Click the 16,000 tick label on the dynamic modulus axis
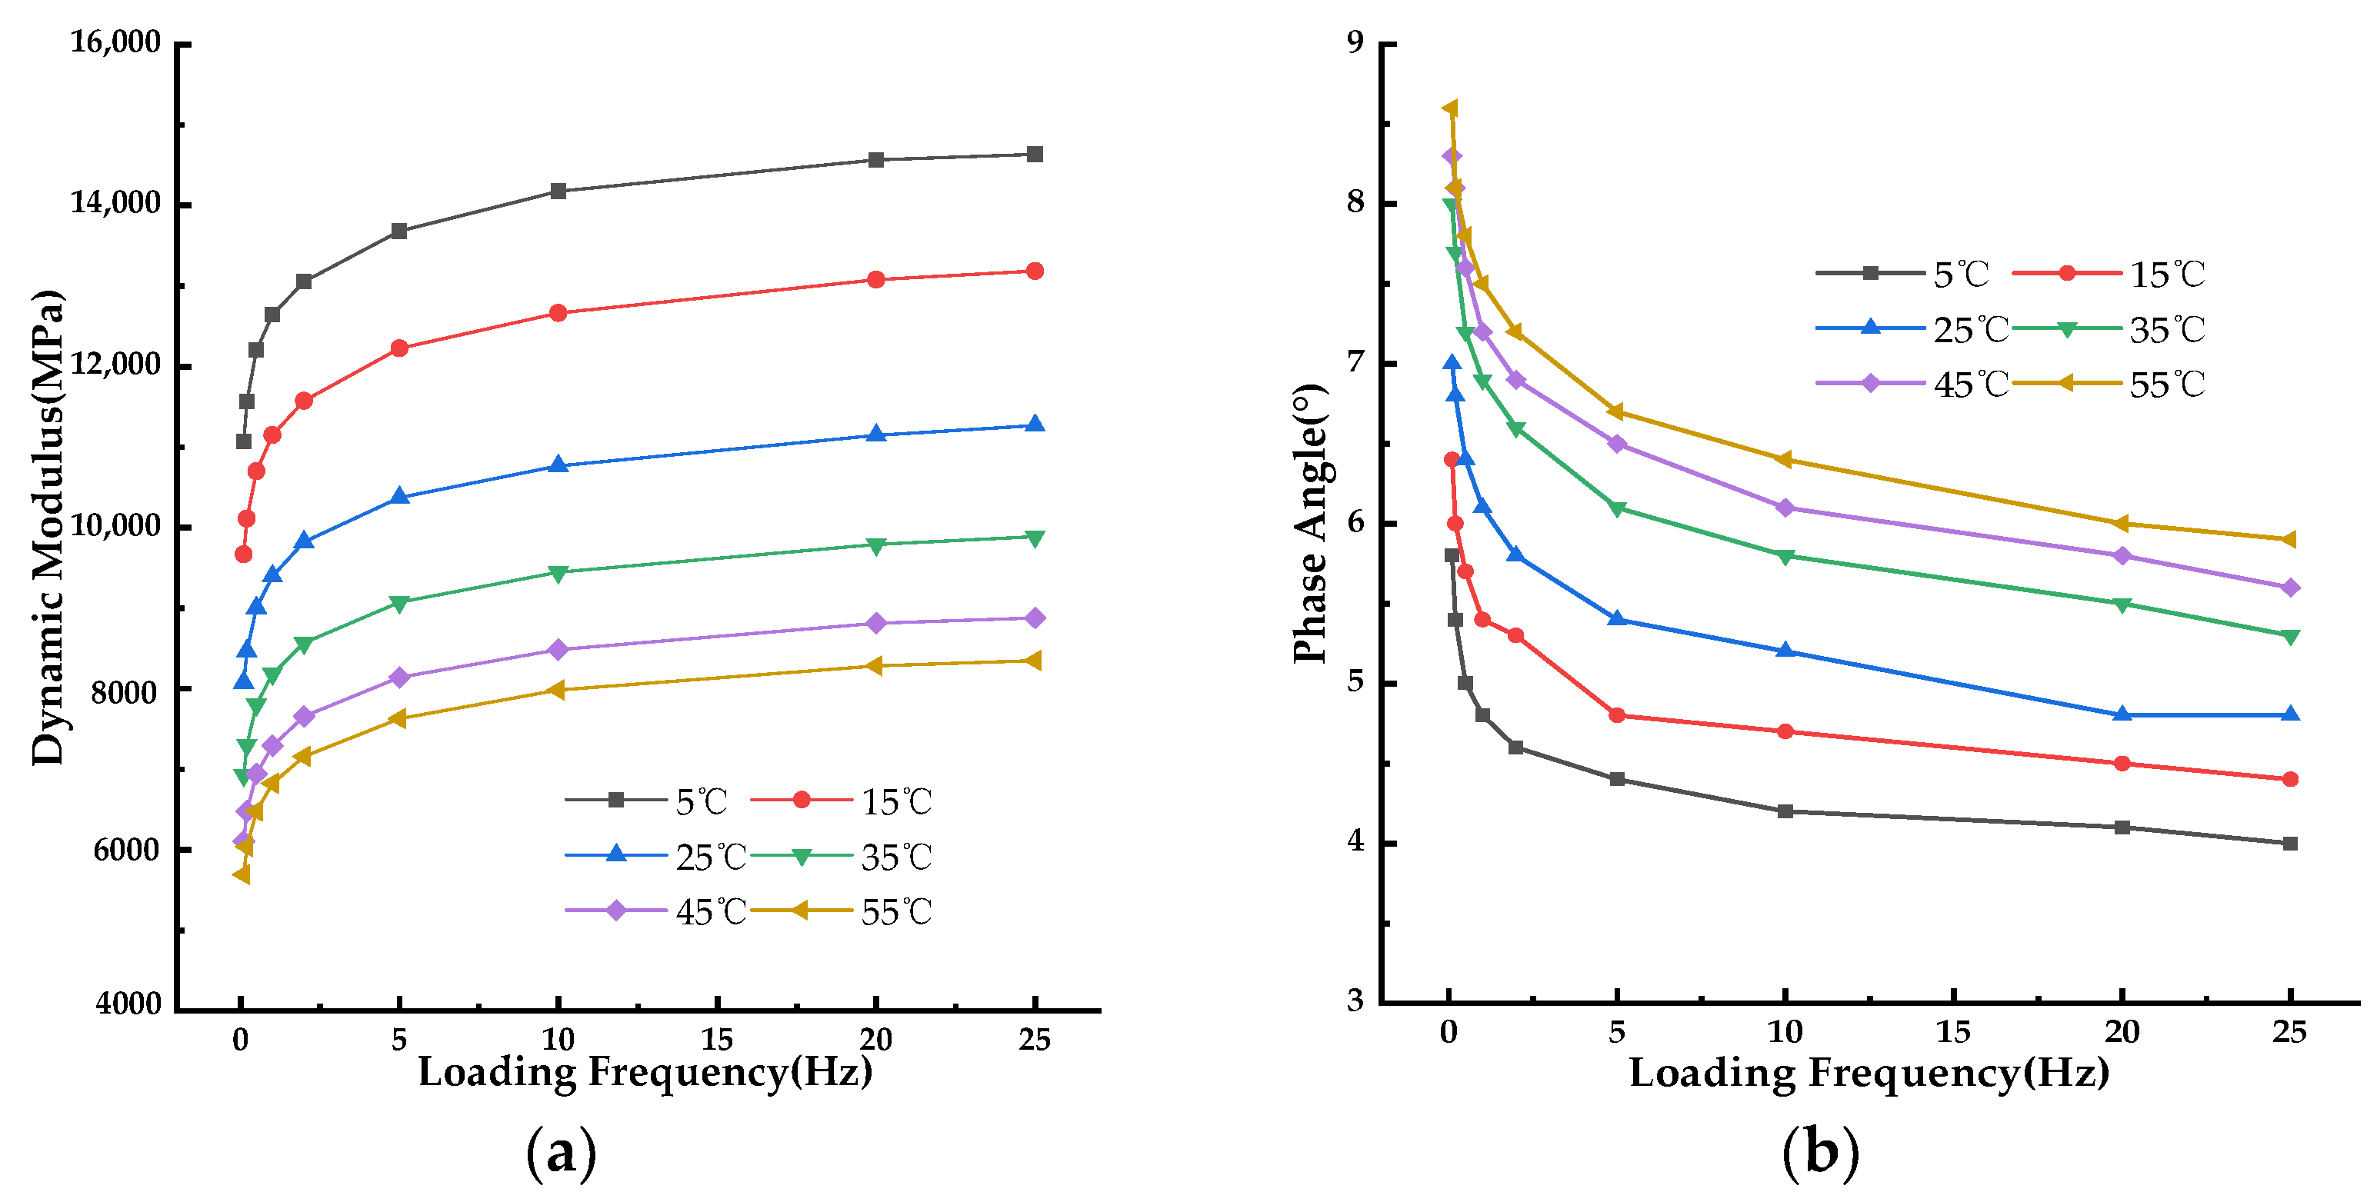[x=115, y=42]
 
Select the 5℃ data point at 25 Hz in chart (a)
[x=1035, y=154]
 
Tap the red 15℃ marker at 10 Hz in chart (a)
[x=558, y=313]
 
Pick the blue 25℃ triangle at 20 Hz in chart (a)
[x=875, y=434]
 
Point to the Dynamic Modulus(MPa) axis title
[x=48, y=527]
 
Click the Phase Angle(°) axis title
[x=1309, y=523]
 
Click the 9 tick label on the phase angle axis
[x=1355, y=42]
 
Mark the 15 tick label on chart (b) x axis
[x=1952, y=1031]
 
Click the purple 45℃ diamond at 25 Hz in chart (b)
[x=2289, y=588]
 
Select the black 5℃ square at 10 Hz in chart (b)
[x=1785, y=811]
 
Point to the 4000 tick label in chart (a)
[x=128, y=1004]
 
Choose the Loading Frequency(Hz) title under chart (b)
[x=1869, y=1072]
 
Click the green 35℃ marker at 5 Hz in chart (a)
[x=398, y=603]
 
